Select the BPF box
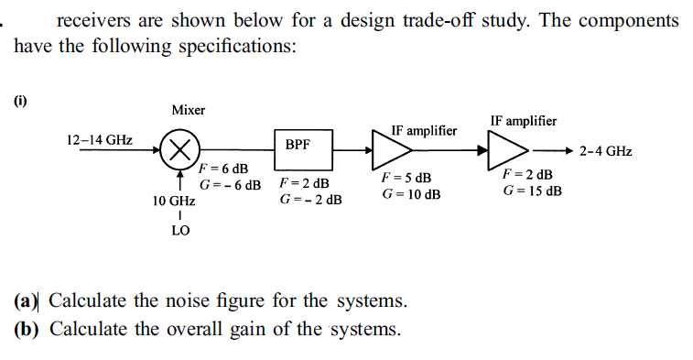(298, 145)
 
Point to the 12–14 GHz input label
(100, 140)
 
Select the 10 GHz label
(173, 200)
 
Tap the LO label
(180, 231)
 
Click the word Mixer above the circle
(189, 110)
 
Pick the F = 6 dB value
(224, 169)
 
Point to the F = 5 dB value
(406, 178)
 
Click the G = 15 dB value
(532, 191)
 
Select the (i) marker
(20, 100)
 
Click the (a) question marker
(27, 300)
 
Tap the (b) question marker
(27, 329)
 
